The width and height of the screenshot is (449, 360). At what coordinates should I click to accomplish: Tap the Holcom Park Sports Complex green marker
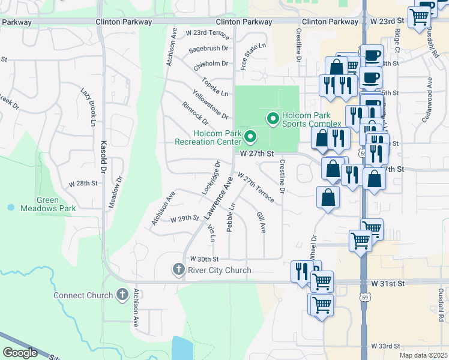click(274, 119)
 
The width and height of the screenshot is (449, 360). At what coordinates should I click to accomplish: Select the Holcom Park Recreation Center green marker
click(250, 138)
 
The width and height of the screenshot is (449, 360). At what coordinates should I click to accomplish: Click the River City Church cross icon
click(178, 270)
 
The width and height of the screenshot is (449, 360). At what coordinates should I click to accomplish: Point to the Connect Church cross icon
click(122, 295)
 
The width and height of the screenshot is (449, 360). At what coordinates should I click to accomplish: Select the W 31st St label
click(388, 283)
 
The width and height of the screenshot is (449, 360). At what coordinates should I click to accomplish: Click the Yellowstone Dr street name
click(210, 104)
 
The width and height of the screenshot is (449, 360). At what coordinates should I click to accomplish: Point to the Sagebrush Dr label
click(209, 48)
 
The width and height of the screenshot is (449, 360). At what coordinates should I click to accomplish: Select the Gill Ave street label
click(261, 222)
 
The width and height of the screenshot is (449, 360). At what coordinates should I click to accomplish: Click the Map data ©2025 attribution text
click(423, 355)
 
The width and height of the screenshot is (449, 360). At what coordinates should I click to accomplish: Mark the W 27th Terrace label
click(256, 188)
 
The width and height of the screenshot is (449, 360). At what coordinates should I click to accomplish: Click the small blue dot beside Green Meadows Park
click(11, 207)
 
